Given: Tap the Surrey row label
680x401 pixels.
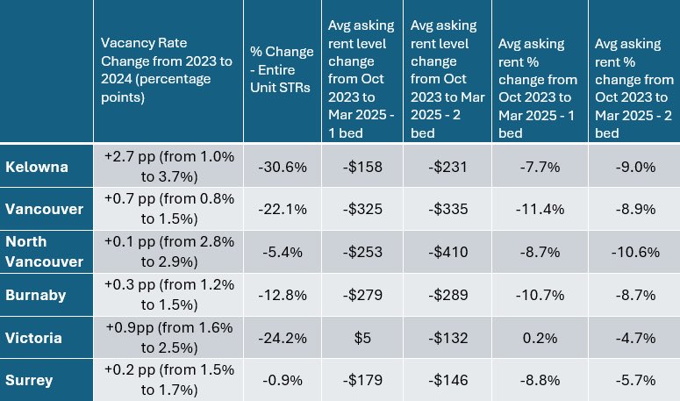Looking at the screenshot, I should click(x=29, y=379).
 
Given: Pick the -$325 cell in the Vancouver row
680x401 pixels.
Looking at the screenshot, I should click(x=361, y=209).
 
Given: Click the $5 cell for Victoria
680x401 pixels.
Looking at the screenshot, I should click(x=361, y=337).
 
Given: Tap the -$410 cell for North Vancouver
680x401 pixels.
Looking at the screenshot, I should click(x=447, y=252).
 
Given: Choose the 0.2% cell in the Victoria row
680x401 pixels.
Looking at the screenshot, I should click(x=536, y=337).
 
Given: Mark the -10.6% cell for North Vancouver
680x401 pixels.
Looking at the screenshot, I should click(x=632, y=252).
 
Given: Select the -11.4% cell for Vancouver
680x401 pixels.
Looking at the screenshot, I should click(x=536, y=209).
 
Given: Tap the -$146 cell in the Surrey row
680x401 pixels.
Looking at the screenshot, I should click(x=447, y=379).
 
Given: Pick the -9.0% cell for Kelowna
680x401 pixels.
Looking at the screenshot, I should click(x=632, y=167).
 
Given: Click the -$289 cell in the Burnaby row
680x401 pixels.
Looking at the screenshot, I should click(x=447, y=295).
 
